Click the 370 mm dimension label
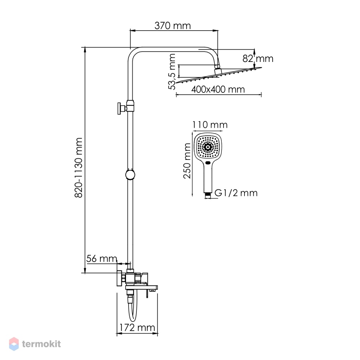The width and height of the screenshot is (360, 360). [x=173, y=26]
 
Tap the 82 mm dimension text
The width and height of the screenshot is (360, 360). [x=258, y=59]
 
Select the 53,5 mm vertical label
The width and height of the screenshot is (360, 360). [x=172, y=71]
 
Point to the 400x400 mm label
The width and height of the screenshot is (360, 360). [x=218, y=89]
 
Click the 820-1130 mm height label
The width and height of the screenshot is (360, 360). [x=78, y=167]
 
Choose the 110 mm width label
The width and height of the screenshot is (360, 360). [x=210, y=125]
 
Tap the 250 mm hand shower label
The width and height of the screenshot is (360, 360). [x=187, y=161]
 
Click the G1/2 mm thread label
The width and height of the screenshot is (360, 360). [x=236, y=193]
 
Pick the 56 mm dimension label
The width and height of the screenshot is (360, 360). [x=102, y=258]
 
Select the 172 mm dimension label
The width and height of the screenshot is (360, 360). [x=137, y=327]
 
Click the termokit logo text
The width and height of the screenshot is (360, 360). [x=41, y=344]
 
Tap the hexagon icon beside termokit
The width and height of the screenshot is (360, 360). [x=14, y=344]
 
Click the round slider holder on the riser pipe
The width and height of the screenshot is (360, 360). [x=130, y=175]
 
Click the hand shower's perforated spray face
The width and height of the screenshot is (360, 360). [x=208, y=147]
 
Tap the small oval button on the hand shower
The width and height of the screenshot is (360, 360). [x=208, y=163]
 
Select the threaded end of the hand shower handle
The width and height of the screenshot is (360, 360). [x=208, y=195]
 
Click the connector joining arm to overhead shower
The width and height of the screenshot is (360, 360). [x=217, y=69]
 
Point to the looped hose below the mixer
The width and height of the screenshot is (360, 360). [x=132, y=309]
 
